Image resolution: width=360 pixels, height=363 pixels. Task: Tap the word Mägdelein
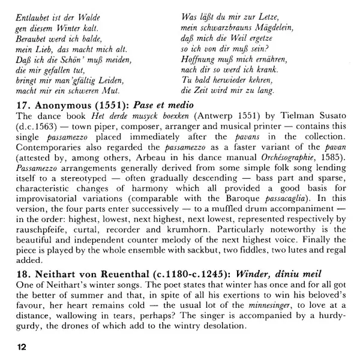click(259, 28)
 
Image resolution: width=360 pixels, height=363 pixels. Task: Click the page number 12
click(22, 346)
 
